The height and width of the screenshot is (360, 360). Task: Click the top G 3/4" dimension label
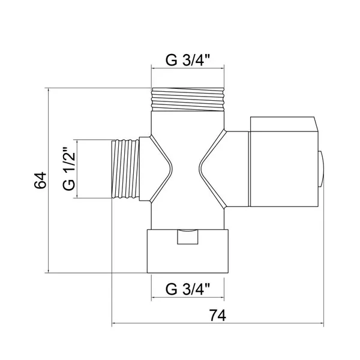[x=188, y=60]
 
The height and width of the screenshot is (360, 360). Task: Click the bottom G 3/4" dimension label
[x=188, y=289]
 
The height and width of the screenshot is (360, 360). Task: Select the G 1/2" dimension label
[x=69, y=169]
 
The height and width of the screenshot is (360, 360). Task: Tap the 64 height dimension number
[x=40, y=180]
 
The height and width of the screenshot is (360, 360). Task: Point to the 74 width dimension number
[x=217, y=316]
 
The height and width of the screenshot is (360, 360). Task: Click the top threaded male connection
[x=188, y=100]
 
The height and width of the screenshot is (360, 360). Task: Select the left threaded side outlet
[x=125, y=169]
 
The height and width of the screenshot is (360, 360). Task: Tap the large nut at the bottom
[x=188, y=251]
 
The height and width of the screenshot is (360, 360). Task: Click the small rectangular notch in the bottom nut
[x=188, y=237]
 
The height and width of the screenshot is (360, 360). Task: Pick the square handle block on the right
[x=284, y=162]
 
